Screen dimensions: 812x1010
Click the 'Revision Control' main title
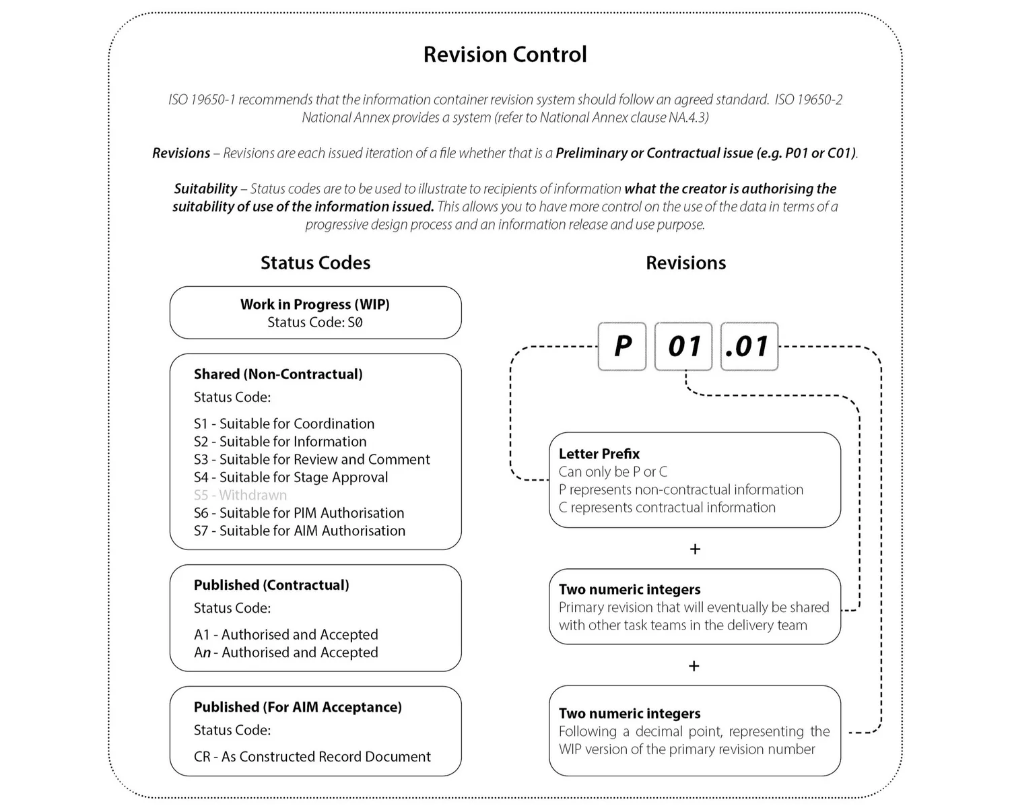[x=505, y=55]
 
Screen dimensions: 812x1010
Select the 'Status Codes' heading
[x=315, y=263]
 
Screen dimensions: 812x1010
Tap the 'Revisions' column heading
[x=685, y=263]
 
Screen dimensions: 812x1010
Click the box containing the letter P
[x=622, y=346]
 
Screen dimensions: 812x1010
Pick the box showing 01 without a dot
[x=683, y=346]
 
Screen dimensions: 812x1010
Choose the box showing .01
[x=749, y=346]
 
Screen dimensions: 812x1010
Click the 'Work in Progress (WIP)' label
[x=315, y=304]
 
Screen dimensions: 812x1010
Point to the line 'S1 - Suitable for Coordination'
[x=284, y=424]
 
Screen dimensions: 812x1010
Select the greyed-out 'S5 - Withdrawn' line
[x=240, y=495]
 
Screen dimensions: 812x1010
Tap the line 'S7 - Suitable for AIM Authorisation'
[x=300, y=531]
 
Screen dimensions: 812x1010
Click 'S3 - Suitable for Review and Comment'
[x=312, y=459]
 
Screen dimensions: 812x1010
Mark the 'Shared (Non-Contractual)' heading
[x=278, y=374]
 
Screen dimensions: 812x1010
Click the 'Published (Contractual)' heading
[x=271, y=585]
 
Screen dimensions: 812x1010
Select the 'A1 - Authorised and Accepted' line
[x=286, y=634]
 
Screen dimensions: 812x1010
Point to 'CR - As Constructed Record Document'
[x=312, y=756]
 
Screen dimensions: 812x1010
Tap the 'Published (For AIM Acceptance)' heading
[x=298, y=707]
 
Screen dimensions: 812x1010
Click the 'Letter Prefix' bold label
[x=599, y=454]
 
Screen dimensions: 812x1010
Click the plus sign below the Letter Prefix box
[x=695, y=549]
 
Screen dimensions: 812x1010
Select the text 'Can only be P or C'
[x=613, y=471]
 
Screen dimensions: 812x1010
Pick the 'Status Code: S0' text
[x=315, y=323]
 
